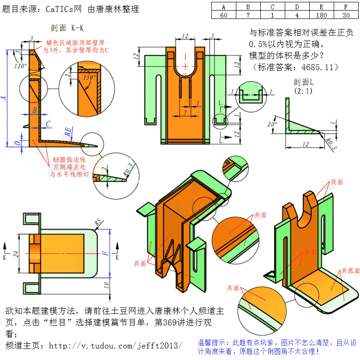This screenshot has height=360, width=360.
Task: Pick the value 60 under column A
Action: (x=223, y=14)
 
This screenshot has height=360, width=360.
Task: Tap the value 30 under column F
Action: (x=346, y=14)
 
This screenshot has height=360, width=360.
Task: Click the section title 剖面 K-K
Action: (x=68, y=27)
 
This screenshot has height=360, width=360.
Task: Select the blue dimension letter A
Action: (x=4, y=98)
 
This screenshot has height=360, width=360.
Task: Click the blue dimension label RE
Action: (x=68, y=132)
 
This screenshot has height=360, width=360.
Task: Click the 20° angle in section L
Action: (x=272, y=125)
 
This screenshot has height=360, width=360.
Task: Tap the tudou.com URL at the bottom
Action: (x=115, y=345)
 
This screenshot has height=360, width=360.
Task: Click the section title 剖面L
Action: (x=303, y=83)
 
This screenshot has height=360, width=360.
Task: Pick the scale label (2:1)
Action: (x=303, y=91)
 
